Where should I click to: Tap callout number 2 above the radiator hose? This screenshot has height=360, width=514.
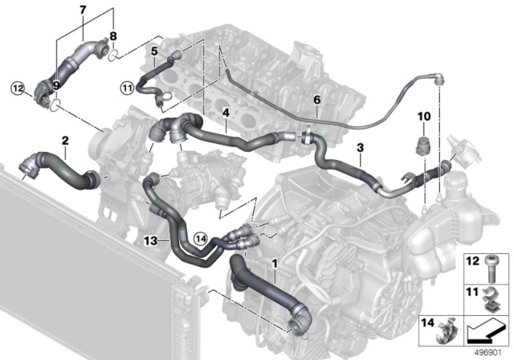point(64,141)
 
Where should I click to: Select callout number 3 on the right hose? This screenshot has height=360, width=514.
point(361,148)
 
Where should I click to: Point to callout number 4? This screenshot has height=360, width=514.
point(227,112)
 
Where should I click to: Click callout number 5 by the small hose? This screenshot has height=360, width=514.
point(153,51)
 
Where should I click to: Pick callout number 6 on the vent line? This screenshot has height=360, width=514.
point(316,100)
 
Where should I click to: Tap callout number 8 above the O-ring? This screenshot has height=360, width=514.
point(112,36)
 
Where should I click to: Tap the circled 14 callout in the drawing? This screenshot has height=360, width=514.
point(200,237)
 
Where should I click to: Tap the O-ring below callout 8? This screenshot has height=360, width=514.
point(115,55)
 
